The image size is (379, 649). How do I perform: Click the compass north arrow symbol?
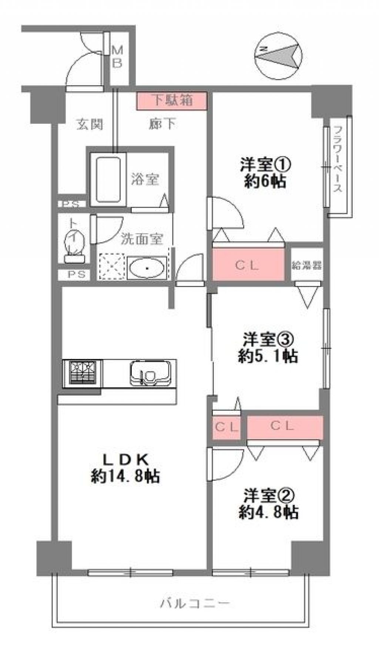coord(280,54)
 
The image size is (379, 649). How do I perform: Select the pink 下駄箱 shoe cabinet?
coord(171,101)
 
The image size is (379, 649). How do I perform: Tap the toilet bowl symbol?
coord(74,245)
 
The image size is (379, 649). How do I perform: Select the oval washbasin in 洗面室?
coord(147,268)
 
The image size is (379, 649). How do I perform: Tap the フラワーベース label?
coord(338,159)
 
